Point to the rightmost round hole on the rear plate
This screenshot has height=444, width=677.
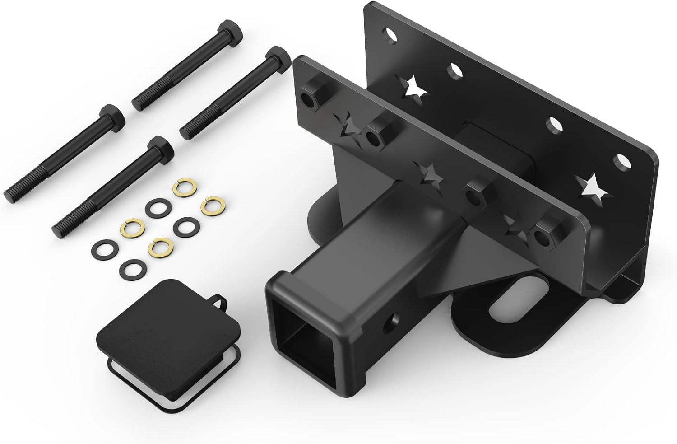pos(623,160)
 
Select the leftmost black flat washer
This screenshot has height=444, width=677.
pos(104,248)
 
